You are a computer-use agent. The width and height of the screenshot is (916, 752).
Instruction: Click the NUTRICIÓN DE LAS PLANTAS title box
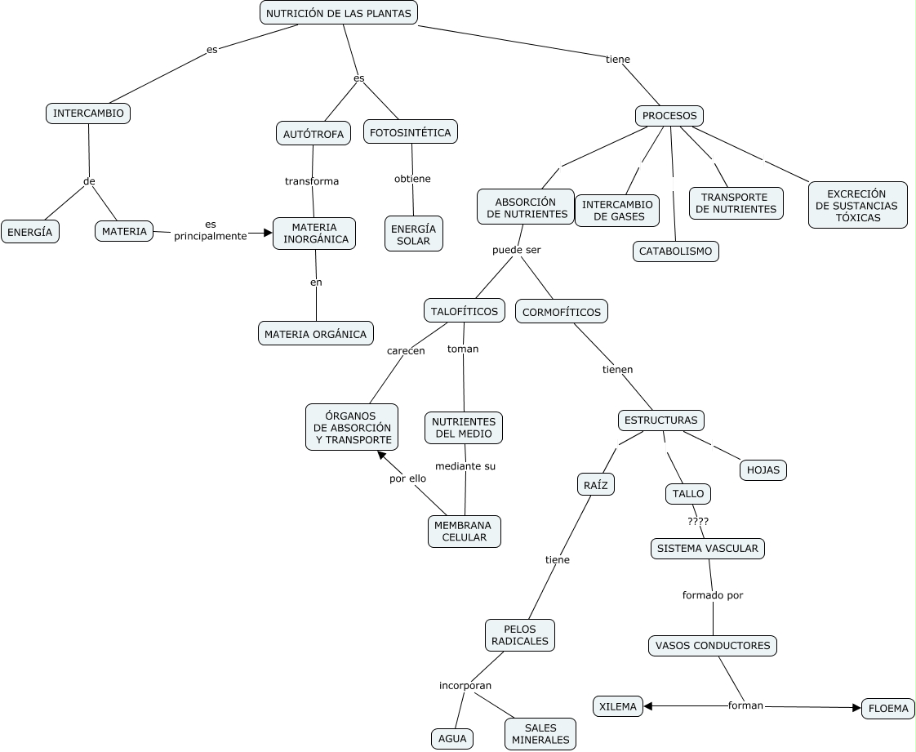pyautogui.click(x=339, y=13)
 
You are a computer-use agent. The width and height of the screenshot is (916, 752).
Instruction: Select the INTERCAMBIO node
pyautogui.click(x=88, y=113)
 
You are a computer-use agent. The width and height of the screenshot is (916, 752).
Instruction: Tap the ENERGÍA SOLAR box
pyautogui.click(x=414, y=234)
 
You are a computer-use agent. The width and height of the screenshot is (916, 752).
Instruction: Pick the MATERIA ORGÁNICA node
pyautogui.click(x=315, y=334)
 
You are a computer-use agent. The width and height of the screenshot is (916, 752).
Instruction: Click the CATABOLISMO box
pyautogui.click(x=676, y=251)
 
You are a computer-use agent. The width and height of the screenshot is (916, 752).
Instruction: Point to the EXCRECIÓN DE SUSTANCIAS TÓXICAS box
pyautogui.click(x=857, y=205)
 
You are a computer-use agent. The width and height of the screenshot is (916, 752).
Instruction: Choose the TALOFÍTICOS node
pyautogui.click(x=465, y=311)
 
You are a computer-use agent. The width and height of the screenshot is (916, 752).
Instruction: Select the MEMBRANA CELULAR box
pyautogui.click(x=465, y=532)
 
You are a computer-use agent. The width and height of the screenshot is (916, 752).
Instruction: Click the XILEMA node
pyautogui.click(x=618, y=706)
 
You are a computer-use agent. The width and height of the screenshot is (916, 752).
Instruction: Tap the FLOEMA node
pyautogui.click(x=888, y=708)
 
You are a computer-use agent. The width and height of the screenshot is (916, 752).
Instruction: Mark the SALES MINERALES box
pyautogui.click(x=540, y=734)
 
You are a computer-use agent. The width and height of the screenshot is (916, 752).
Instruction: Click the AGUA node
pyautogui.click(x=452, y=739)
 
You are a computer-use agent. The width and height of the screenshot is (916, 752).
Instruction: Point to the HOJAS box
pyautogui.click(x=763, y=469)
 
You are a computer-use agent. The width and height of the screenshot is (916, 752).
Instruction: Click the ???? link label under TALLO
pyautogui.click(x=698, y=522)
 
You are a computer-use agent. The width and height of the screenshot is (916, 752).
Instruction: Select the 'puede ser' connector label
pyautogui.click(x=517, y=250)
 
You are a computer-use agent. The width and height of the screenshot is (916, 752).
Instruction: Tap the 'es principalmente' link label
pyautogui.click(x=211, y=230)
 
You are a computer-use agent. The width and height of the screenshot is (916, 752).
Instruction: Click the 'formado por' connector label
pyautogui.click(x=713, y=595)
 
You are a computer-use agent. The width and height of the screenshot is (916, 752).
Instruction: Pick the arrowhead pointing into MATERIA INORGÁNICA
pyautogui.click(x=268, y=234)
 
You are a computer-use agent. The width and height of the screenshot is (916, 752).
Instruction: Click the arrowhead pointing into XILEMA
pyautogui.click(x=648, y=705)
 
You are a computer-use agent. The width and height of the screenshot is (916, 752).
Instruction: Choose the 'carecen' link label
pyautogui.click(x=406, y=350)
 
